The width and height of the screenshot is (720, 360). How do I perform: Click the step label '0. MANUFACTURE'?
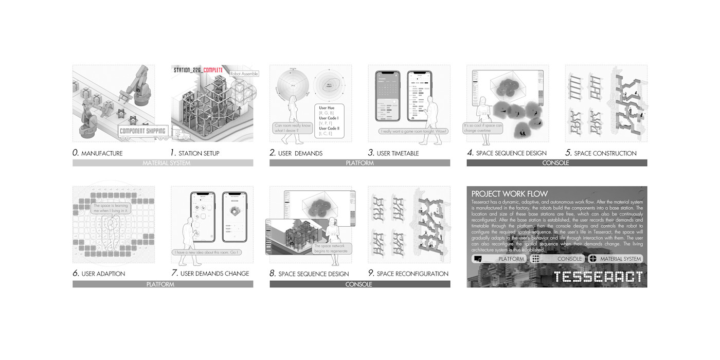[x=98, y=153]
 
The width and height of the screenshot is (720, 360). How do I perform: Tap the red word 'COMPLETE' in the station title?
[x=212, y=70]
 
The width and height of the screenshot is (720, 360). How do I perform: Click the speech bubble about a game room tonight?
[x=413, y=131]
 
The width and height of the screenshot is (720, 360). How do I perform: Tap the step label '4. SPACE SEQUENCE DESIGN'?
[x=507, y=153]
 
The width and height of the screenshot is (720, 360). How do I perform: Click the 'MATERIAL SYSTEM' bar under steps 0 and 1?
[x=163, y=163]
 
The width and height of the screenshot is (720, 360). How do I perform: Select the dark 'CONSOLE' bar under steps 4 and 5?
[x=556, y=163]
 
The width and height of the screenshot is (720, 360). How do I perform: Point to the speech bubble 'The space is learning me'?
[x=111, y=208]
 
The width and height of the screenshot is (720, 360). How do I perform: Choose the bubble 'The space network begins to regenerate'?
[x=332, y=249]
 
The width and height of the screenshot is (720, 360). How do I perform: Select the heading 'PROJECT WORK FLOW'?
[x=510, y=194]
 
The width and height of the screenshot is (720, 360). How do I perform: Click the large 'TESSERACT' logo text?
[x=598, y=277]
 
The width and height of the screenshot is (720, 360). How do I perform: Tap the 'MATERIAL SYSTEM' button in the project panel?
[x=615, y=259]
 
